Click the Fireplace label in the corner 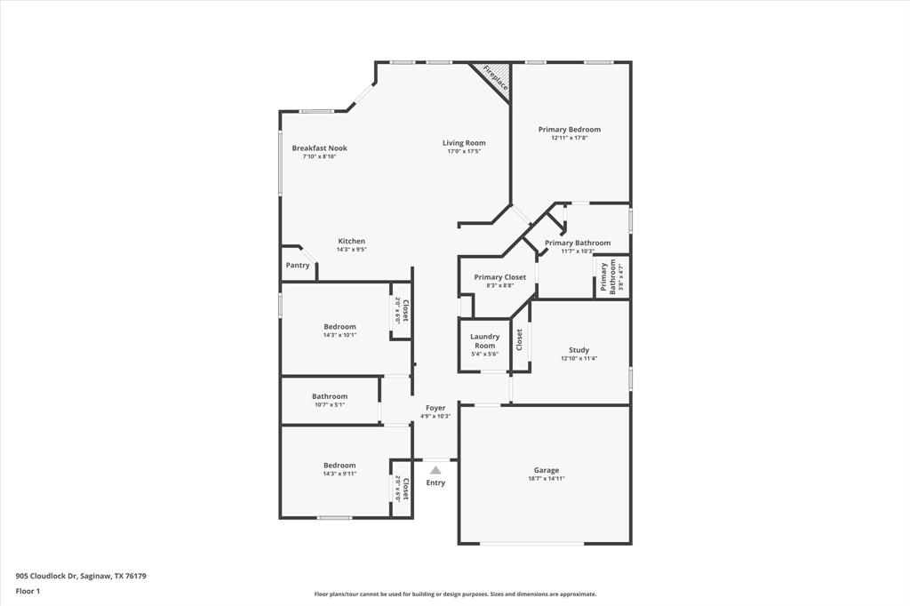(x=496, y=78)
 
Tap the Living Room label (x=464, y=143)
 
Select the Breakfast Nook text (x=320, y=148)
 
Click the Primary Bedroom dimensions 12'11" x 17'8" (x=569, y=138)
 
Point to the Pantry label (x=298, y=266)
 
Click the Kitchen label (x=351, y=242)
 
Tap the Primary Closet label (x=499, y=277)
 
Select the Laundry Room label (x=484, y=341)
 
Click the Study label (x=579, y=350)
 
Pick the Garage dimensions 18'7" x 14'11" (x=547, y=479)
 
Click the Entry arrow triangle (x=435, y=470)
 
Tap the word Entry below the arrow (x=435, y=483)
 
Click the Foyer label (x=435, y=408)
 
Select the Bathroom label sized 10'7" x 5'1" (x=330, y=396)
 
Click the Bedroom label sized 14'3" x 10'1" (x=339, y=327)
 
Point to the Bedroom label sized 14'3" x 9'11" (x=339, y=466)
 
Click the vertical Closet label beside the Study (x=520, y=339)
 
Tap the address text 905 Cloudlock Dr (x=81, y=576)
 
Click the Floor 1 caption (x=28, y=591)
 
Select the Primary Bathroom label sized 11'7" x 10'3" (x=578, y=243)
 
